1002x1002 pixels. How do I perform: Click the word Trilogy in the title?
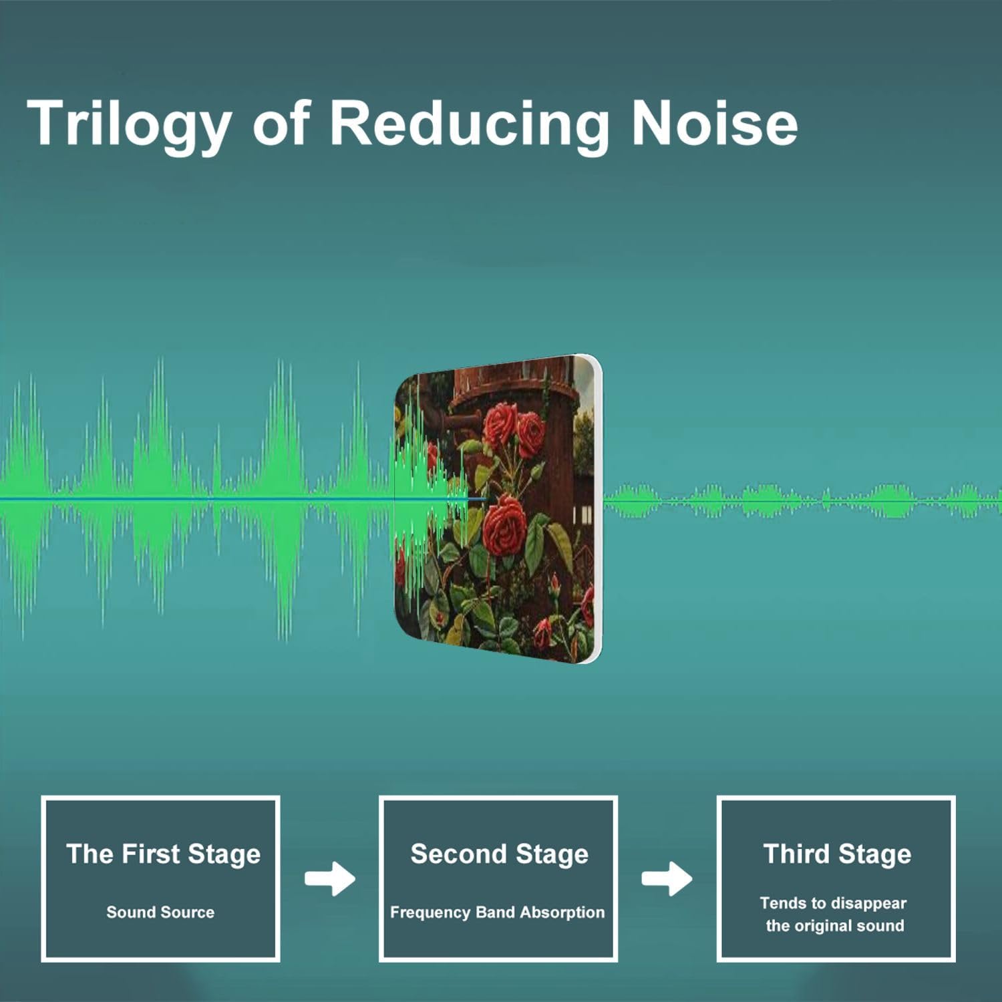[129, 124]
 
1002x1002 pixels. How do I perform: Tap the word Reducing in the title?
[470, 124]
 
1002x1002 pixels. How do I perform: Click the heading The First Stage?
[163, 854]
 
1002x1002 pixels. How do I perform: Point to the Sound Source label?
[160, 912]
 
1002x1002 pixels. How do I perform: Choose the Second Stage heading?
[500, 854]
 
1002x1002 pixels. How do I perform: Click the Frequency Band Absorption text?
[497, 912]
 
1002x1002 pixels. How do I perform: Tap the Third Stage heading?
[837, 854]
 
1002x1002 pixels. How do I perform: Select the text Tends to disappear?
[833, 904]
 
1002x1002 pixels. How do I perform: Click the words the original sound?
[835, 926]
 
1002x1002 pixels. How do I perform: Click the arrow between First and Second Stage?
[330, 878]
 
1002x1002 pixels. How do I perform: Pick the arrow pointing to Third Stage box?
[667, 878]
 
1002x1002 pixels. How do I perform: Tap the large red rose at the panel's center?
[506, 522]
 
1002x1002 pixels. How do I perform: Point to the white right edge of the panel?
[597, 508]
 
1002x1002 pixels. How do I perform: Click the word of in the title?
[281, 124]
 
